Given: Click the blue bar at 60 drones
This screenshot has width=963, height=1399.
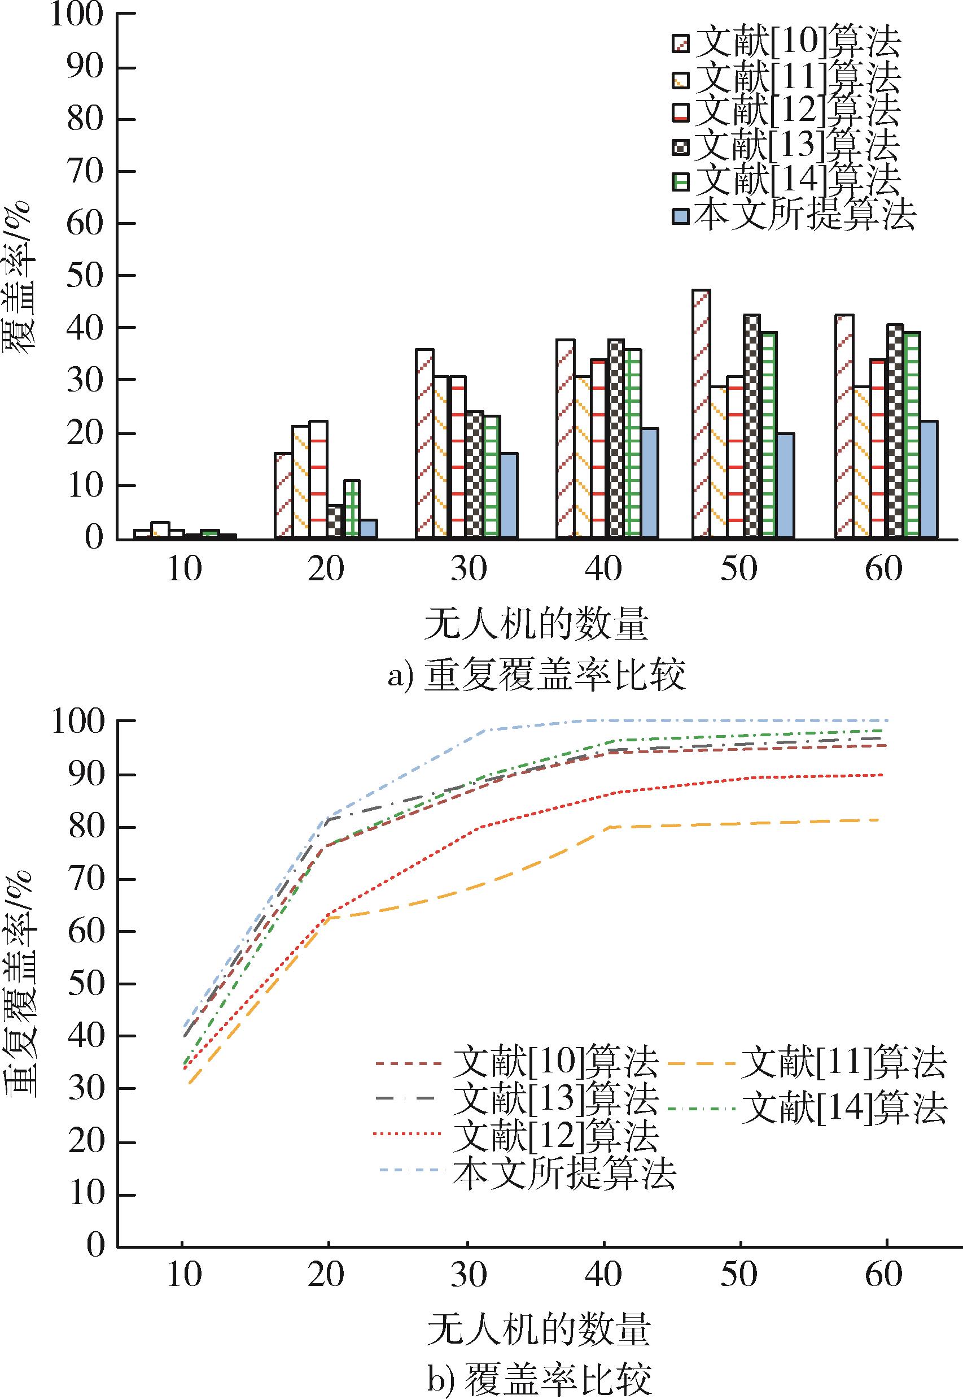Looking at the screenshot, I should (x=929, y=479).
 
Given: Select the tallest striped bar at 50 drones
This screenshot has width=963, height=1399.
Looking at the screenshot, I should (x=701, y=414).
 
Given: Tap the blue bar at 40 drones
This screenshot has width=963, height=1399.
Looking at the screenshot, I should (x=650, y=483).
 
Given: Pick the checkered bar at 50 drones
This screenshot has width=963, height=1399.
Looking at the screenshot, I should (x=752, y=426).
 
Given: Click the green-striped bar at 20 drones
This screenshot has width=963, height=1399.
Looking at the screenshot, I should (x=352, y=509).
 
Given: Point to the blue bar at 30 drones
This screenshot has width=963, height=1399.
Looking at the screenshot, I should (x=509, y=496).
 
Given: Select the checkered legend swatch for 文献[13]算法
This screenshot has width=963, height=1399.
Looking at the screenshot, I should (x=680, y=147).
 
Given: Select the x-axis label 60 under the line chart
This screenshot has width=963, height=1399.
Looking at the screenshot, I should (x=883, y=1274).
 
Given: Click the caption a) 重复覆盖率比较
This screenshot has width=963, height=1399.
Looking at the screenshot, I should (x=537, y=676).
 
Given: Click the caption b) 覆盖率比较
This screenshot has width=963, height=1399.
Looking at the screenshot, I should (x=540, y=1378).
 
